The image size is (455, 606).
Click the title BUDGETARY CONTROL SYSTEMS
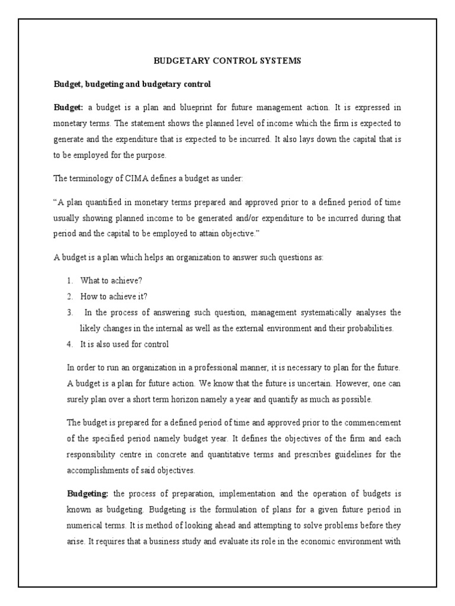(227, 60)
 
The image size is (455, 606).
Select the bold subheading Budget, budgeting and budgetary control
(132, 85)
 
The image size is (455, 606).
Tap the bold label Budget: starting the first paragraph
(69, 108)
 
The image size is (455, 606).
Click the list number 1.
(69, 281)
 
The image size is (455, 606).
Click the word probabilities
(369, 328)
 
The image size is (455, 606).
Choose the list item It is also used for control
(125, 344)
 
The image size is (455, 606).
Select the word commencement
(373, 423)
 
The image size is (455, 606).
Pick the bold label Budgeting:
(86, 494)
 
